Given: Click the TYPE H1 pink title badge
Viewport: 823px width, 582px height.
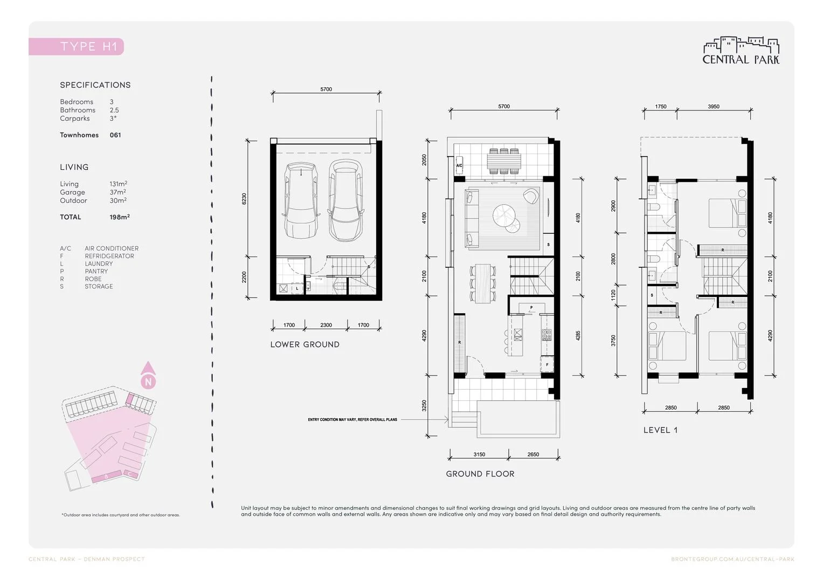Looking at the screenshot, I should click(x=77, y=46).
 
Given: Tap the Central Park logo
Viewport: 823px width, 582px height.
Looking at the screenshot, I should click(x=741, y=51).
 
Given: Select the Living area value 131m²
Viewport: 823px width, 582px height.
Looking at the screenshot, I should click(x=118, y=184).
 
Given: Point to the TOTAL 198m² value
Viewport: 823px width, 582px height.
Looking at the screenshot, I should click(x=119, y=217).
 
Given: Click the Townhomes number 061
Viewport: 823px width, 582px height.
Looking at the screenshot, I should click(x=115, y=135).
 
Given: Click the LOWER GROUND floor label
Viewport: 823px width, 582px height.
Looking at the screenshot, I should click(x=305, y=345).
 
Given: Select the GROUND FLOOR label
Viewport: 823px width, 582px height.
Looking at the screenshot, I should click(x=480, y=474).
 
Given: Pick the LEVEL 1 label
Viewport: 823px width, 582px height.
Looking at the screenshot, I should click(x=660, y=430).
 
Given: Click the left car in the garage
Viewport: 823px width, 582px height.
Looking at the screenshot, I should click(x=300, y=201).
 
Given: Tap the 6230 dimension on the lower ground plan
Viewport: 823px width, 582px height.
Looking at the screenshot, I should click(x=244, y=198).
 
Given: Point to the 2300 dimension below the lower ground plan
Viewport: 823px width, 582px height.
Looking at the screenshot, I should click(x=326, y=325).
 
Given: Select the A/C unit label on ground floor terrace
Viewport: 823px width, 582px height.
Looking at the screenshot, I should click(x=459, y=165).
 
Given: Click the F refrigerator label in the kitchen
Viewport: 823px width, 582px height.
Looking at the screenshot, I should click(x=547, y=365).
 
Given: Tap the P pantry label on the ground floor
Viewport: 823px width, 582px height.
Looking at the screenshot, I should click(x=531, y=308).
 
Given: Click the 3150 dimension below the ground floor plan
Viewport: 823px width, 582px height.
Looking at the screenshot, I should click(x=479, y=455).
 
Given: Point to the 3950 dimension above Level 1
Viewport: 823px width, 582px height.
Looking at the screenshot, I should click(x=713, y=107).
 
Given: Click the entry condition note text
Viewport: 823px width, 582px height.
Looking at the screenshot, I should click(x=352, y=419).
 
